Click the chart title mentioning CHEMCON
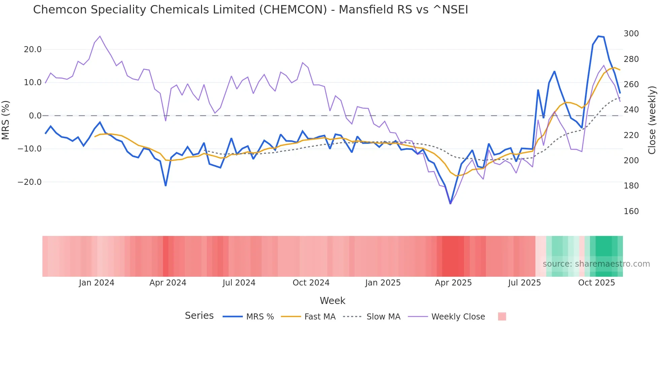[251, 10]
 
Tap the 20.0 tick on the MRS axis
[33, 49]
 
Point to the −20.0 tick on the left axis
[30, 182]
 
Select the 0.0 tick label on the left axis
[35, 116]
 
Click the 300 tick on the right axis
[631, 34]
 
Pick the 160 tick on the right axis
[631, 211]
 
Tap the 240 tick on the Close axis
[631, 110]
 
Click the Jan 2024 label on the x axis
[97, 283]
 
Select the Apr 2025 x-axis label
[453, 283]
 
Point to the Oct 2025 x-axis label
[596, 283]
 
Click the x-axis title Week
[332, 301]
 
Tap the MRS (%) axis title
[6, 120]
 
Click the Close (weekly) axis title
[652, 120]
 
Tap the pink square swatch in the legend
[502, 317]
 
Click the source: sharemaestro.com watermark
[596, 264]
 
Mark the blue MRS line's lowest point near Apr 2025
[451, 203]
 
